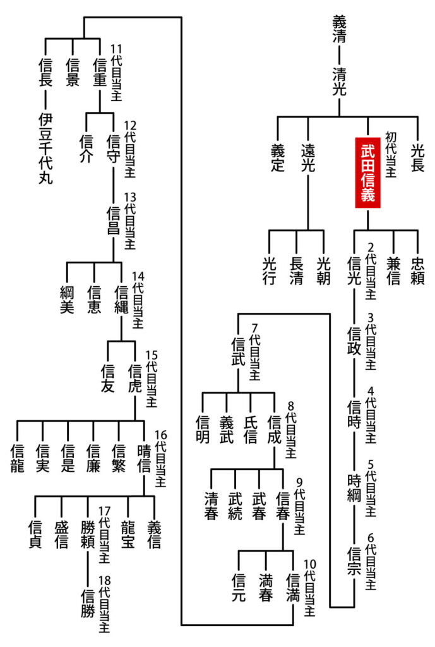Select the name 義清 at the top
pos(340,29)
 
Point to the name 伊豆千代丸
pos(45,148)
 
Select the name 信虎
pos(134,377)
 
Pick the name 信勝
pos(88,604)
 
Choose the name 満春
pos(266,587)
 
